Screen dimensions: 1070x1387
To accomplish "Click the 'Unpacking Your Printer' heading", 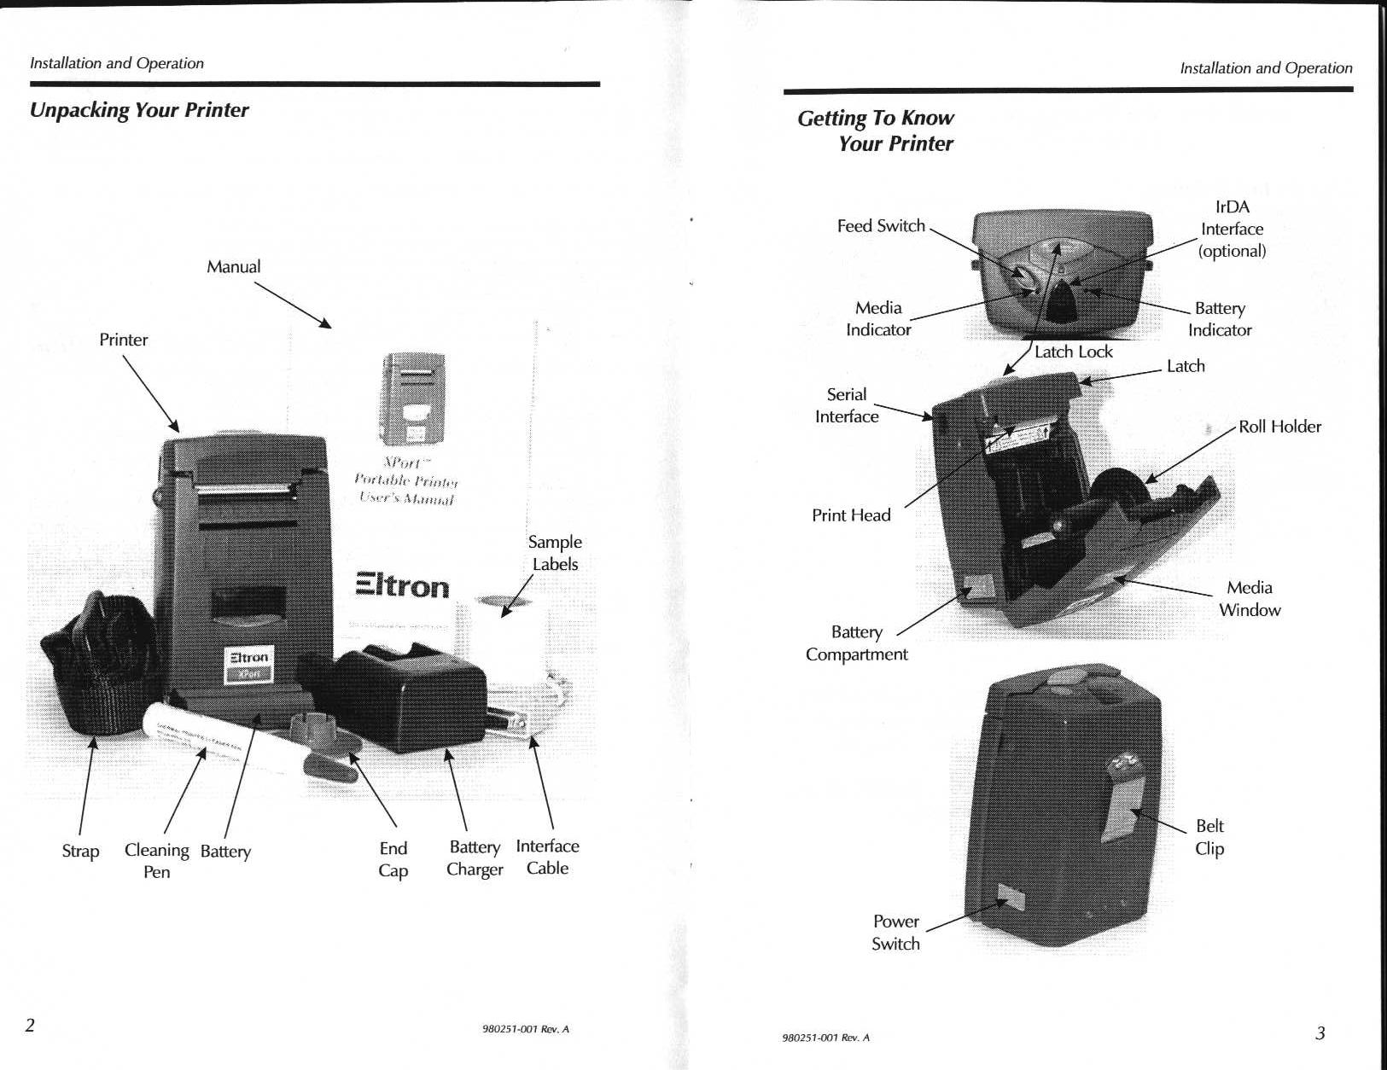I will (x=139, y=110).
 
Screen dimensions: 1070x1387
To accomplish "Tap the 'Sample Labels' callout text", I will (x=555, y=553).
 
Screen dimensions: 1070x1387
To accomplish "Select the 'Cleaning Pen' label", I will (x=157, y=860).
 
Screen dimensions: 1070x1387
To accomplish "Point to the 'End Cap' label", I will (x=393, y=858).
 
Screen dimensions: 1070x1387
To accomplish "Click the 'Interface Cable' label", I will (x=547, y=857).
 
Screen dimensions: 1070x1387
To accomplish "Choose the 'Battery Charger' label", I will (x=475, y=858).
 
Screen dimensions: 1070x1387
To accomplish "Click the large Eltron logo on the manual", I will (x=402, y=585).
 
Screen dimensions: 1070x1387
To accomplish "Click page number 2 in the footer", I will (x=30, y=1025).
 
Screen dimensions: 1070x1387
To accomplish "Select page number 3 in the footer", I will (x=1320, y=1033).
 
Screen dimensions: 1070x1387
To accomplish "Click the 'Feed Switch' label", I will (x=881, y=226).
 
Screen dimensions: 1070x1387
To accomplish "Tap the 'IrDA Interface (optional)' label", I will (x=1232, y=229).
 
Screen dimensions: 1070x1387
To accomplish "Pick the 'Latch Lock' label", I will (x=1073, y=352).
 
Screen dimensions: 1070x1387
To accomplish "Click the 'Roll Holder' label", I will (x=1279, y=427).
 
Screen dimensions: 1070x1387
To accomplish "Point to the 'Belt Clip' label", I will (x=1209, y=837).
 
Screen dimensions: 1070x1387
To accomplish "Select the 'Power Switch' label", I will (x=895, y=933).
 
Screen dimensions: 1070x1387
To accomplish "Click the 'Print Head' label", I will (x=851, y=515).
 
